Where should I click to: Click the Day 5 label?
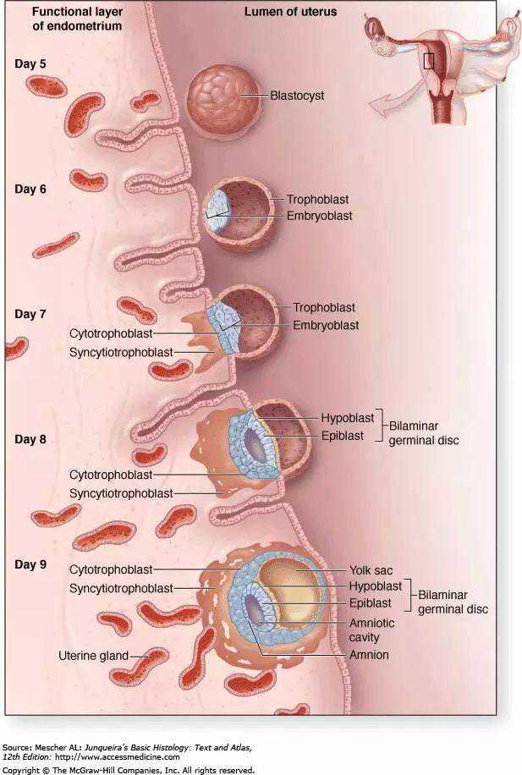pos(30,64)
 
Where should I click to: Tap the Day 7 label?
pos(30,314)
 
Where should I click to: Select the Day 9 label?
pos(30,564)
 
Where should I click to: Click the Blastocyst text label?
pos(297,96)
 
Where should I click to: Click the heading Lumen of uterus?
pos(290,12)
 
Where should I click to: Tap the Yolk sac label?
pos(371,570)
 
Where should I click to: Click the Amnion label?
pos(368,655)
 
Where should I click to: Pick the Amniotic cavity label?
pos(372,629)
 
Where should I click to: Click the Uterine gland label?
pos(93,655)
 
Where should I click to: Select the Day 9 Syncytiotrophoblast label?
pos(121,588)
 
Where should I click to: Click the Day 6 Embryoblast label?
pos(319,216)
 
